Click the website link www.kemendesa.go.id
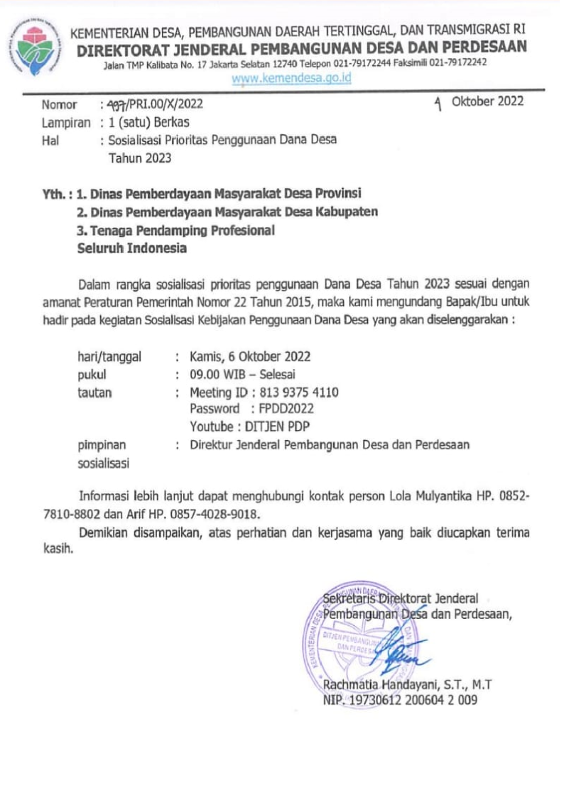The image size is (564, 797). pos(292,79)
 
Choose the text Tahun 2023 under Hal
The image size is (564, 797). pos(140,158)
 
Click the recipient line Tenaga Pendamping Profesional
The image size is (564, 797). pos(175,230)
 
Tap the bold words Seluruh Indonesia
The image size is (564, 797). pos(132,248)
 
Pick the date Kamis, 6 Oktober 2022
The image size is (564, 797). pos(249,356)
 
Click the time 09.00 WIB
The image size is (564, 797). pos(216,374)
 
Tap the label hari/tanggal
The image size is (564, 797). pos(109,356)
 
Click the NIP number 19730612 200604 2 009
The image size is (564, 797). pos(412,700)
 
